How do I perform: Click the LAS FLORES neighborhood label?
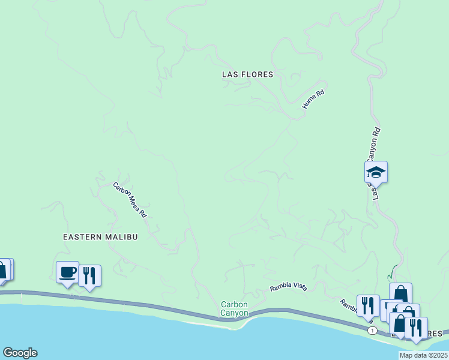(247, 74)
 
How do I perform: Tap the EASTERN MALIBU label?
(100, 237)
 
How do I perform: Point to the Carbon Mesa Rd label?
(130, 199)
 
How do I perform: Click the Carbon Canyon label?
(234, 308)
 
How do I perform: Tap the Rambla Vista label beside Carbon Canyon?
(288, 287)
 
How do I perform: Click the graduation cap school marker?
(376, 172)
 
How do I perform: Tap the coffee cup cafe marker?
(67, 272)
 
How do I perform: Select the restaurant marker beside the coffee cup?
(89, 276)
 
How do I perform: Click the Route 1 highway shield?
(373, 331)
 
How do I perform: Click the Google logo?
(20, 353)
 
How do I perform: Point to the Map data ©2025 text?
(423, 355)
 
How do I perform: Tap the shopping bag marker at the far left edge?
(3, 269)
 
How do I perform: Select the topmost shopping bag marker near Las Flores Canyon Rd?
(400, 294)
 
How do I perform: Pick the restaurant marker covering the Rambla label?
(367, 305)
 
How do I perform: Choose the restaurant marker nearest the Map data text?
(415, 328)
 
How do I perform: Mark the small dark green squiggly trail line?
(391, 272)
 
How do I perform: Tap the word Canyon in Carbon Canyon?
(234, 313)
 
